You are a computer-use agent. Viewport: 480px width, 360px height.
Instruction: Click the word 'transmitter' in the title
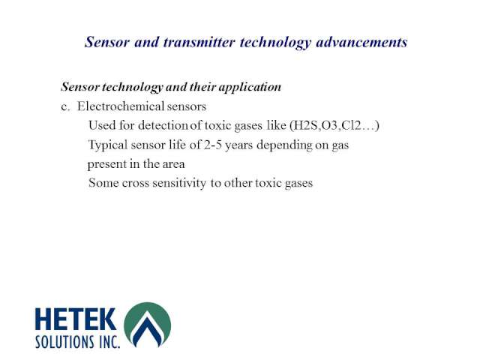[x=199, y=42]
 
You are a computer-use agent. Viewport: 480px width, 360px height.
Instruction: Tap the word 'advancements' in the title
[x=361, y=42]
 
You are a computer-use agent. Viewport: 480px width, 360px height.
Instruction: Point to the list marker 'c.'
[x=65, y=107]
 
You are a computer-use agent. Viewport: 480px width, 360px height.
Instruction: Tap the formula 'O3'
[x=330, y=125]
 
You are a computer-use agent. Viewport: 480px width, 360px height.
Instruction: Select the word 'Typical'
[x=108, y=145]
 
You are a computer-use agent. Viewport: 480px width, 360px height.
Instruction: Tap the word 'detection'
[x=163, y=125]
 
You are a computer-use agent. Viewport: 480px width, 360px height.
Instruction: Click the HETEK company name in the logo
[x=76, y=319]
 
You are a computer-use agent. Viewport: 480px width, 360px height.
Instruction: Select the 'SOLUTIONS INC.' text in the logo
[x=78, y=342]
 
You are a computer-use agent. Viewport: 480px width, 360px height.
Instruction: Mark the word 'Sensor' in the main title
[x=107, y=42]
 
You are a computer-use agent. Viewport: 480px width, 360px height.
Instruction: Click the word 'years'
[x=239, y=145]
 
